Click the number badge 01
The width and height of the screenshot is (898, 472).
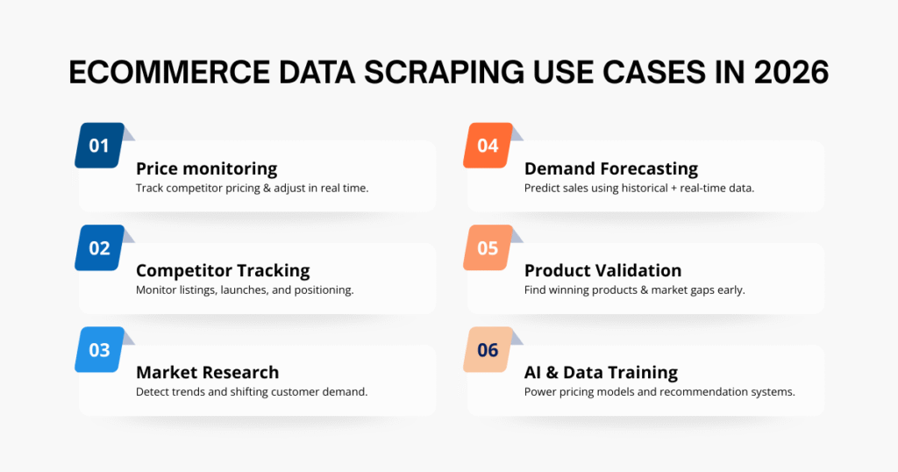click(100, 146)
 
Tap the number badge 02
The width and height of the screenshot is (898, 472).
click(100, 247)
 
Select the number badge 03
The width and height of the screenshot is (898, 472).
click(100, 350)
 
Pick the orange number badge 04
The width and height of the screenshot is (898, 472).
click(488, 146)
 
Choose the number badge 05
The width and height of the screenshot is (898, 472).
click(488, 247)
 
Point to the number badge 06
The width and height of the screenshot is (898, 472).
click(488, 350)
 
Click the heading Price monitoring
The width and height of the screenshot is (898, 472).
click(206, 168)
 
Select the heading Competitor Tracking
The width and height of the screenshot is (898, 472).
click(223, 270)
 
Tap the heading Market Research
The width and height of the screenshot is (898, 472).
click(207, 372)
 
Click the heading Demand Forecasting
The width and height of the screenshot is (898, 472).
click(611, 168)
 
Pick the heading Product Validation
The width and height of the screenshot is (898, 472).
click(602, 270)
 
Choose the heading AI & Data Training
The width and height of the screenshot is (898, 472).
click(601, 372)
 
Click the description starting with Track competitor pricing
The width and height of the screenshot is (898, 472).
click(252, 188)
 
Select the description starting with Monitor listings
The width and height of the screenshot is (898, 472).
click(245, 290)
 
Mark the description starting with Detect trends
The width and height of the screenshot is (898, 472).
click(252, 391)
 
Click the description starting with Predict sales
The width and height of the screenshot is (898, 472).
click(639, 188)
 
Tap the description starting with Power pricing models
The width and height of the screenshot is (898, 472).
click(659, 391)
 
